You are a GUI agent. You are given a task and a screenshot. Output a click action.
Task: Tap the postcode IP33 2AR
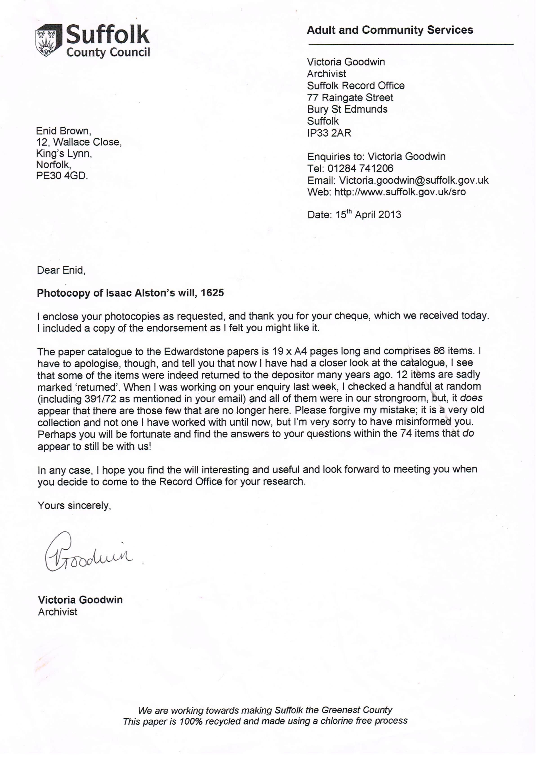pos(329,133)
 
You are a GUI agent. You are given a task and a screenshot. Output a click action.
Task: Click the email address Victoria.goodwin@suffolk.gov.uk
pos(414,180)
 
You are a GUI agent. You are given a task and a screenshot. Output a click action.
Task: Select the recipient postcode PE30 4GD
pos(62,176)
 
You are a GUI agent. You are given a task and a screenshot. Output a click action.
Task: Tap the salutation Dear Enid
pos(61,270)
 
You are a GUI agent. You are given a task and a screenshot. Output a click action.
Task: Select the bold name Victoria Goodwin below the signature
pos(80,600)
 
